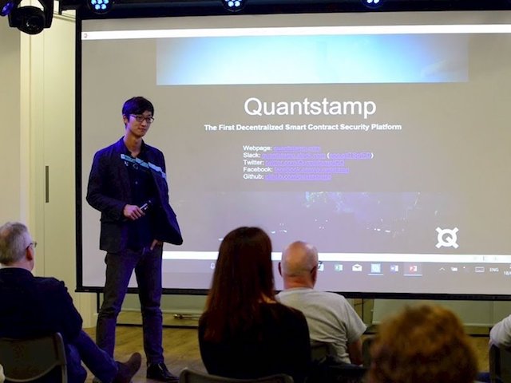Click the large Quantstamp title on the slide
coord(310,107)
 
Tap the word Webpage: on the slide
coord(257,148)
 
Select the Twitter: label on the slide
coord(253,162)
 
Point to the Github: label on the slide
coord(253,176)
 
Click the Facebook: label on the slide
coord(258,169)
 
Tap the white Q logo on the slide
coord(447,238)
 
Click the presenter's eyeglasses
coord(142,119)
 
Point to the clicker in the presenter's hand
coord(145,206)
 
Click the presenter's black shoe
coord(160,372)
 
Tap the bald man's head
coord(299,259)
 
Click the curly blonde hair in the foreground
coord(422,348)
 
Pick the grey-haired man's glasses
coord(31,245)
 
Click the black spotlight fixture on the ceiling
coord(30,15)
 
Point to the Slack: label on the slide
coord(252,155)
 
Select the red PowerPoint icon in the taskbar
coord(413,269)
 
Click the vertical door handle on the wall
coord(47,184)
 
